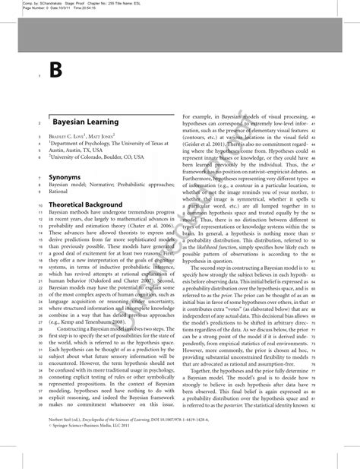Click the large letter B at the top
click(x=55, y=71)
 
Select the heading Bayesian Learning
click(x=85, y=122)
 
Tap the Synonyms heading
click(x=69, y=176)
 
